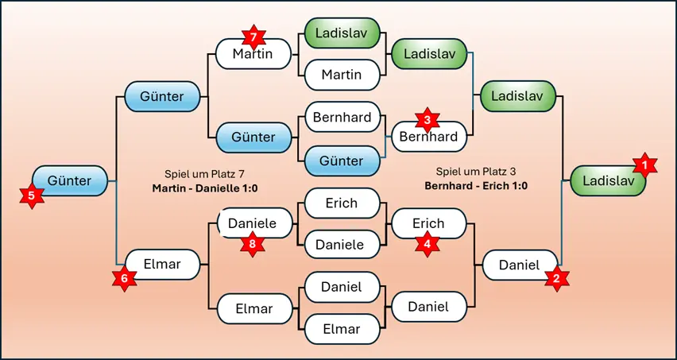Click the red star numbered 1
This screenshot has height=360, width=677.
click(645, 165)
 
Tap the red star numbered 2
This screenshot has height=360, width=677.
click(556, 278)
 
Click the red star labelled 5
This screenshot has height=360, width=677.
click(32, 195)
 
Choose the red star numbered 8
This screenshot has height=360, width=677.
click(253, 245)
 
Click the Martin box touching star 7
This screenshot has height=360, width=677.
click(253, 56)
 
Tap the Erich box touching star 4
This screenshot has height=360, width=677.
click(428, 224)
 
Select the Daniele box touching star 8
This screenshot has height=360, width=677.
click(253, 224)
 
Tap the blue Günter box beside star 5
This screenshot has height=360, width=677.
click(69, 180)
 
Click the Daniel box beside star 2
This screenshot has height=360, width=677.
click(518, 265)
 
